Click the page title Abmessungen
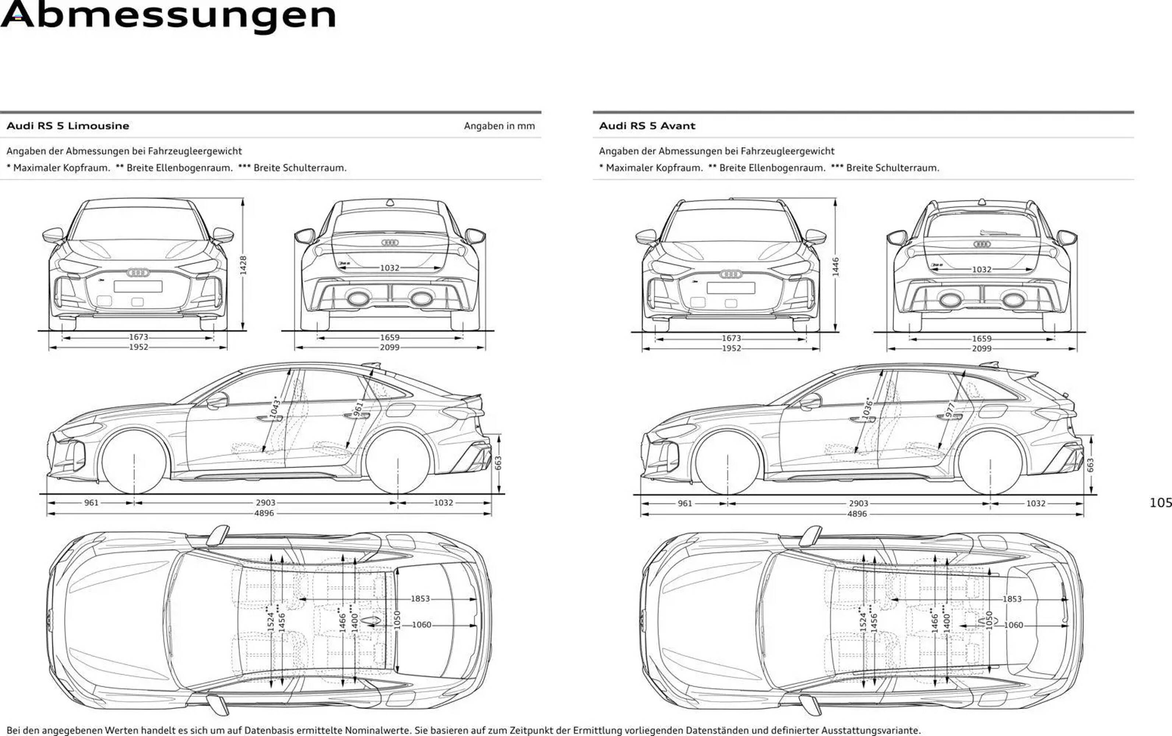(168, 15)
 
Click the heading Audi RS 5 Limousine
(68, 126)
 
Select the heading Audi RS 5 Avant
(647, 126)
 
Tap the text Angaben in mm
(499, 126)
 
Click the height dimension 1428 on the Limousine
(243, 265)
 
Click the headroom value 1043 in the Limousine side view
(275, 407)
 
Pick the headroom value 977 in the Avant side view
(950, 410)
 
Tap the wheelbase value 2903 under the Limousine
(266, 502)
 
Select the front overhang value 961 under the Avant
(685, 503)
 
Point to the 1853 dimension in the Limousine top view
(420, 599)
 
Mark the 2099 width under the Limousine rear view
(389, 347)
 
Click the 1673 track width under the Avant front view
(731, 338)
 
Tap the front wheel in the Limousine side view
(134, 461)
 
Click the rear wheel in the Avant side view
(990, 463)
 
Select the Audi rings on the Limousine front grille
(138, 272)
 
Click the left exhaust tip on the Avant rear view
(950, 300)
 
